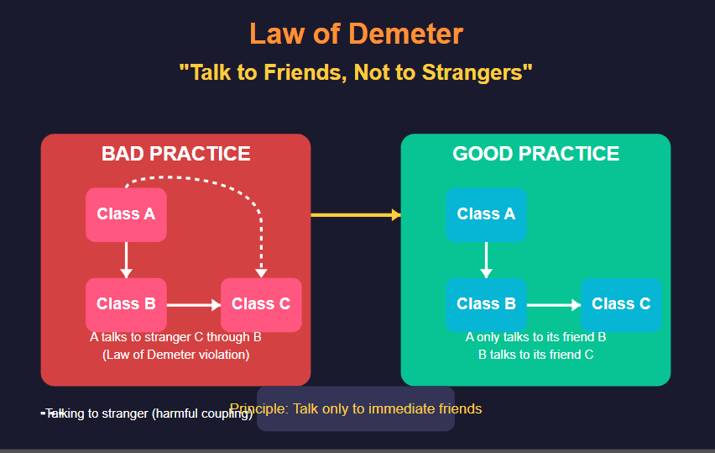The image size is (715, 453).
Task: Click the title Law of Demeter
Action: click(x=356, y=34)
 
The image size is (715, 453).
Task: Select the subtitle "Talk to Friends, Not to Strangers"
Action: click(x=356, y=72)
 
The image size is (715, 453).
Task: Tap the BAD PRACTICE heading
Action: click(x=175, y=154)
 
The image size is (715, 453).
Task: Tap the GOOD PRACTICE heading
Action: click(x=535, y=154)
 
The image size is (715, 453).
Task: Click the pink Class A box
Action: click(x=126, y=214)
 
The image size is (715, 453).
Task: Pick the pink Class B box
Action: click(x=126, y=303)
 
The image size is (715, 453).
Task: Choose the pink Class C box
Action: click(x=261, y=303)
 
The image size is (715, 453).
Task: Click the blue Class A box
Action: click(x=486, y=214)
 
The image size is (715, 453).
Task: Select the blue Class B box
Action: click(x=486, y=303)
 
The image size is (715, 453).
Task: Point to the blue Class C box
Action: click(x=621, y=303)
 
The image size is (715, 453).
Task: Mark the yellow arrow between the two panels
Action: click(x=355, y=215)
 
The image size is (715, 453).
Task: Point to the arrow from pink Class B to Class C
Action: click(x=193, y=305)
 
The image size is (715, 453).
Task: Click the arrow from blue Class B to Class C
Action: click(x=553, y=305)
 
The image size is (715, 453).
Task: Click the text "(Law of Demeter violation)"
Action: click(x=176, y=355)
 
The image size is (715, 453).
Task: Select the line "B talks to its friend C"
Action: click(x=535, y=355)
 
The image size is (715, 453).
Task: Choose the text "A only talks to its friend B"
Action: click(x=535, y=337)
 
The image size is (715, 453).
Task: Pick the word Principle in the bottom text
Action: click(x=256, y=409)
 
